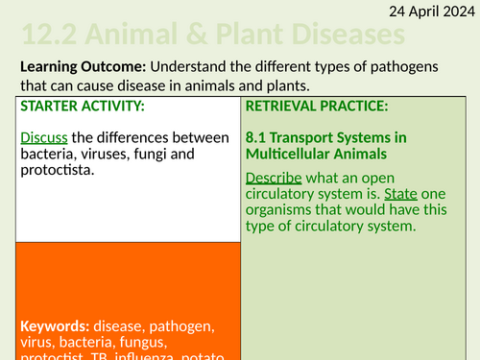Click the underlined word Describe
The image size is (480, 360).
274,178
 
